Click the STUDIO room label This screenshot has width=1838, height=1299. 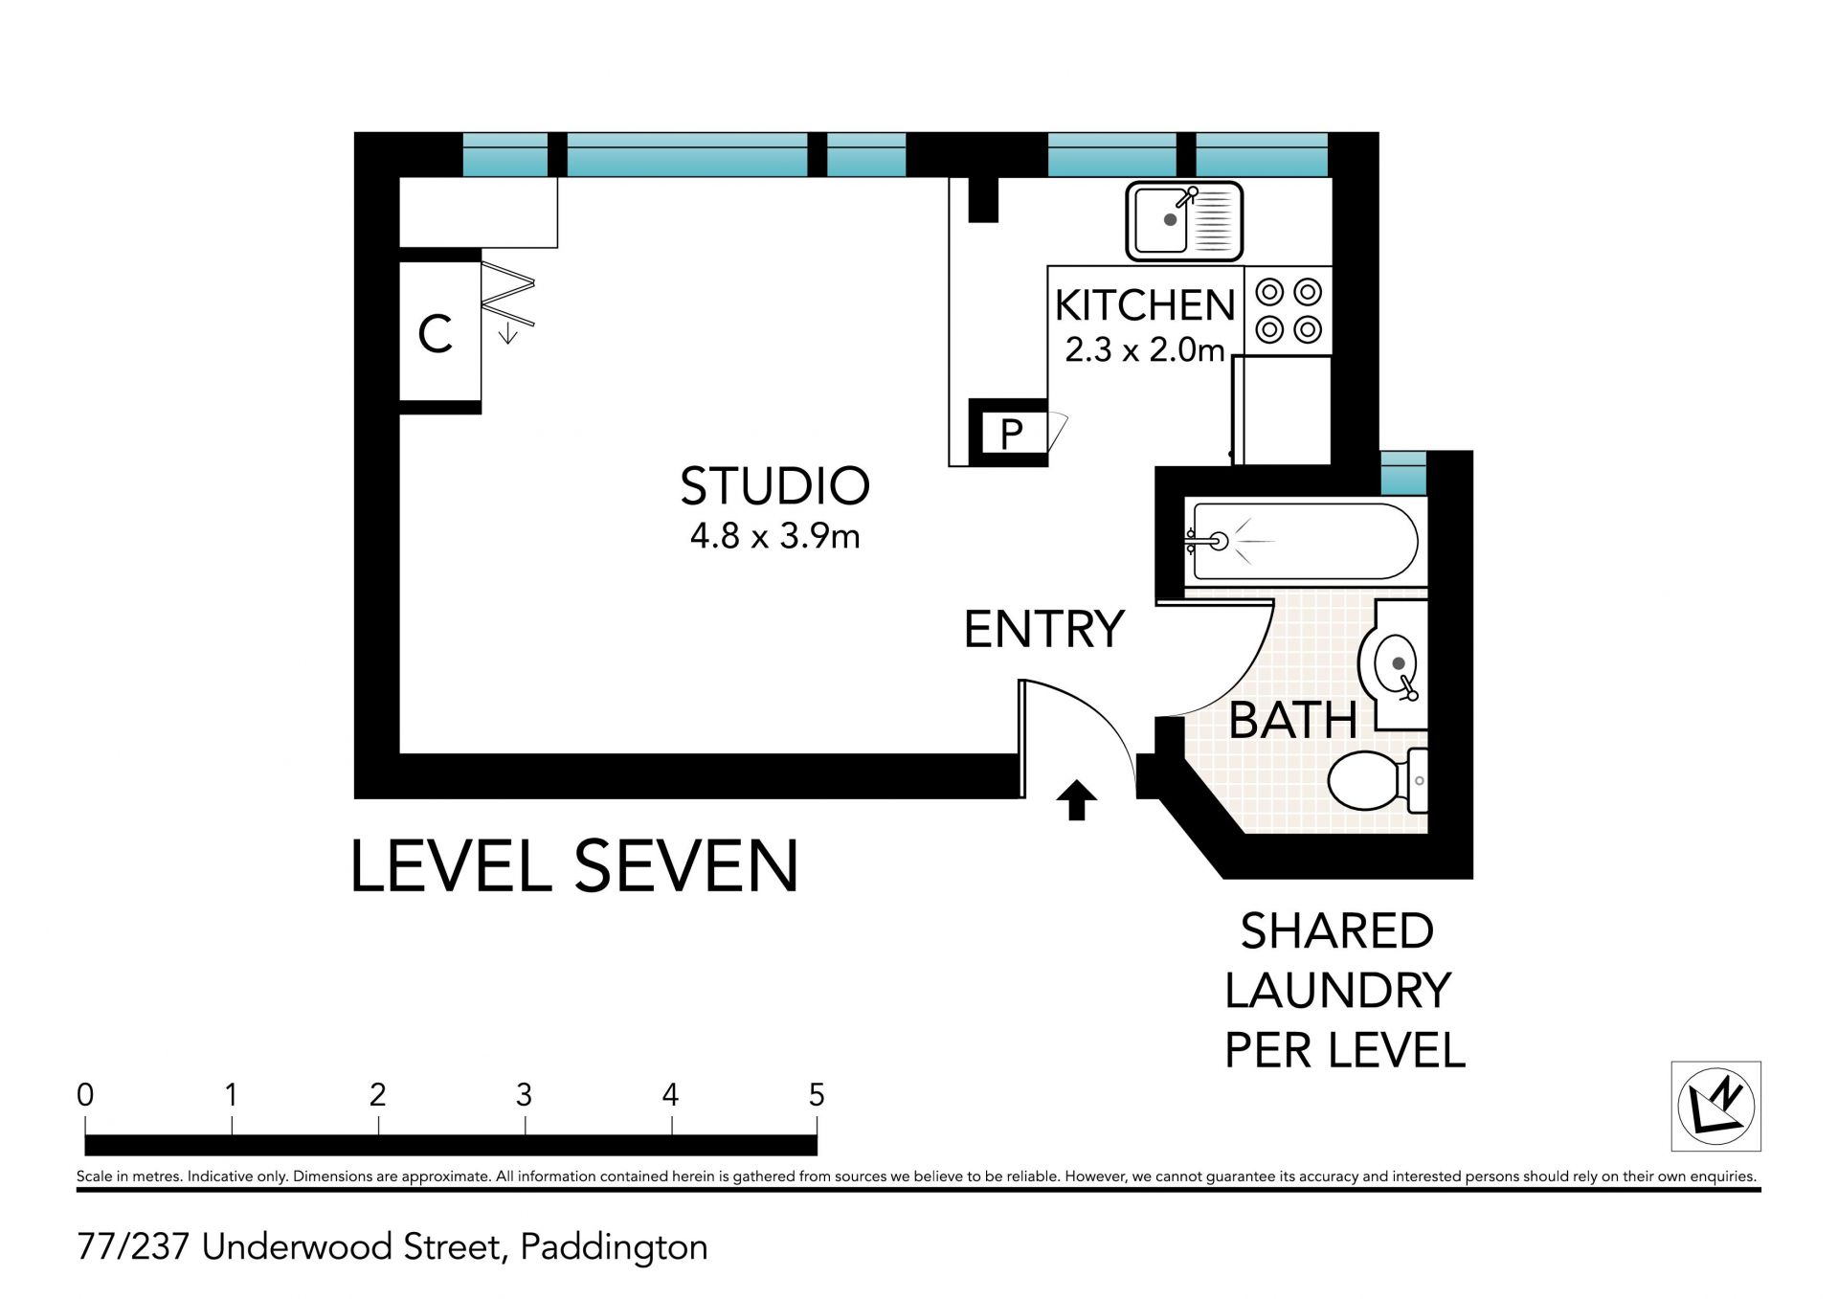tap(774, 486)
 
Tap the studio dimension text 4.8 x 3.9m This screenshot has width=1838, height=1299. tap(774, 536)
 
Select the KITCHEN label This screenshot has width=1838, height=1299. tap(1145, 305)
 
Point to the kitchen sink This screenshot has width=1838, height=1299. tap(1184, 221)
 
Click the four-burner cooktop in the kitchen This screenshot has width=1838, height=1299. tap(1289, 310)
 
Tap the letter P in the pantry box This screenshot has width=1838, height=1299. tap(1011, 435)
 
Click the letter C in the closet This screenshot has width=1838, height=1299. tap(436, 334)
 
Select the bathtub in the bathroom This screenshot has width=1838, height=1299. tap(1302, 542)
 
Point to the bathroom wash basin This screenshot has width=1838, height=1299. tap(1394, 665)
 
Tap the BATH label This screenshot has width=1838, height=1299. tap(1292, 720)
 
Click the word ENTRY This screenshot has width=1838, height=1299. tap(1043, 629)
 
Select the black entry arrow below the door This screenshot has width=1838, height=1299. tap(1076, 800)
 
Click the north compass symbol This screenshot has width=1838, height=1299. tap(1716, 1106)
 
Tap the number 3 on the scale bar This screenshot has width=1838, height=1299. tap(524, 1094)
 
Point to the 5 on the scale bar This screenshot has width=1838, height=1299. tap(817, 1094)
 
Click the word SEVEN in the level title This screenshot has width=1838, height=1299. tap(686, 866)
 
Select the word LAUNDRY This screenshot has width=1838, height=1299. tap(1337, 991)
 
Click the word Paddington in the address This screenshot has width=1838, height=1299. tap(614, 1248)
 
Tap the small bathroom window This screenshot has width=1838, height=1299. tap(1403, 474)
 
